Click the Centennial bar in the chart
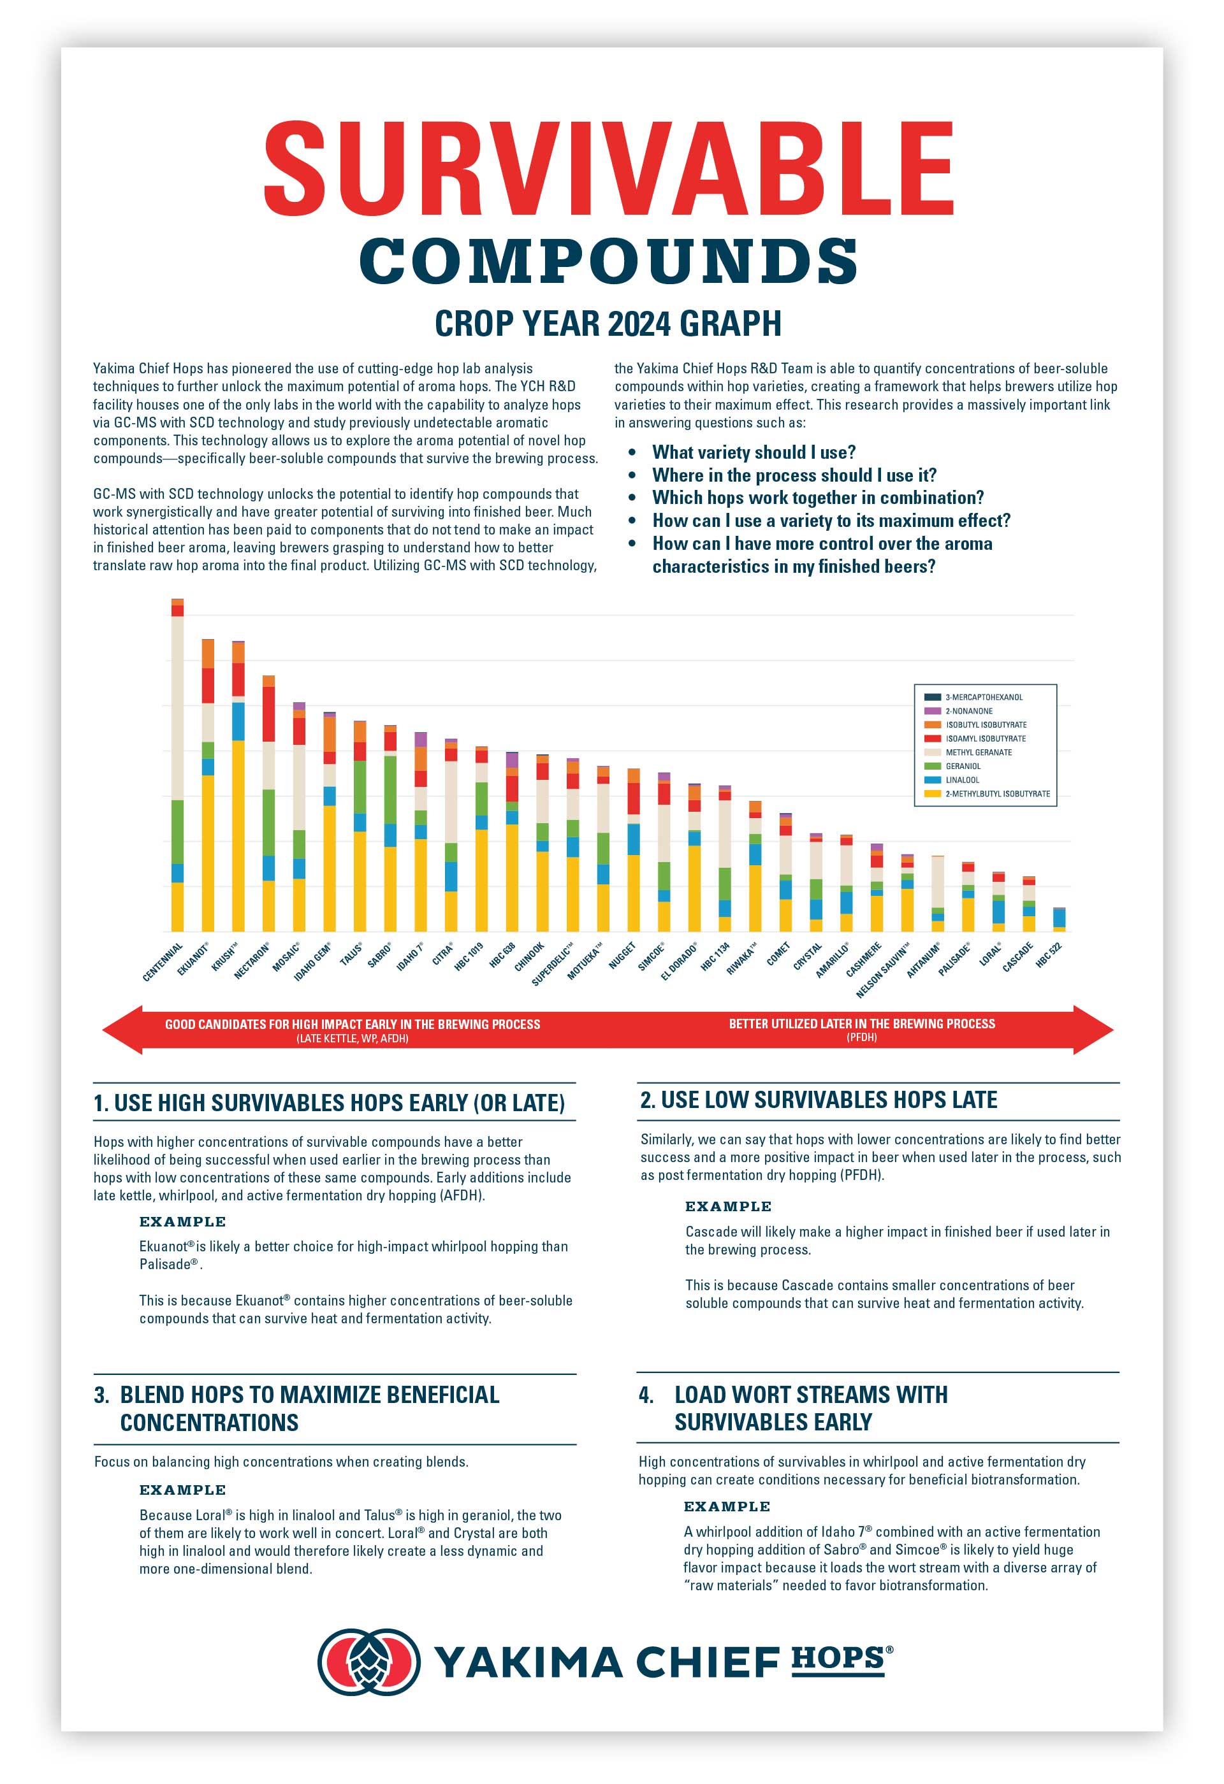click(x=177, y=768)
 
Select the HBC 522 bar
click(x=1059, y=919)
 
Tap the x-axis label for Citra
click(x=442, y=956)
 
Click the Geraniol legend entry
click(x=963, y=766)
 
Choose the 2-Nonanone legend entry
click(x=968, y=711)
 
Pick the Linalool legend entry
click(x=962, y=780)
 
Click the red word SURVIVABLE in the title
click(x=608, y=169)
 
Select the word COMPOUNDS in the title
click(x=608, y=261)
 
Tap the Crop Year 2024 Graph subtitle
click(x=608, y=323)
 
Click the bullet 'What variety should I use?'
click(x=754, y=452)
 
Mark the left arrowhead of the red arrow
click(x=123, y=1030)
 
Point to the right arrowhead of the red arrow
click(x=1093, y=1030)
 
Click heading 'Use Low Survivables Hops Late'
click(x=819, y=1100)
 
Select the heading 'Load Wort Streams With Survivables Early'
click(x=810, y=1409)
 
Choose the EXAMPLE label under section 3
click(x=183, y=1490)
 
